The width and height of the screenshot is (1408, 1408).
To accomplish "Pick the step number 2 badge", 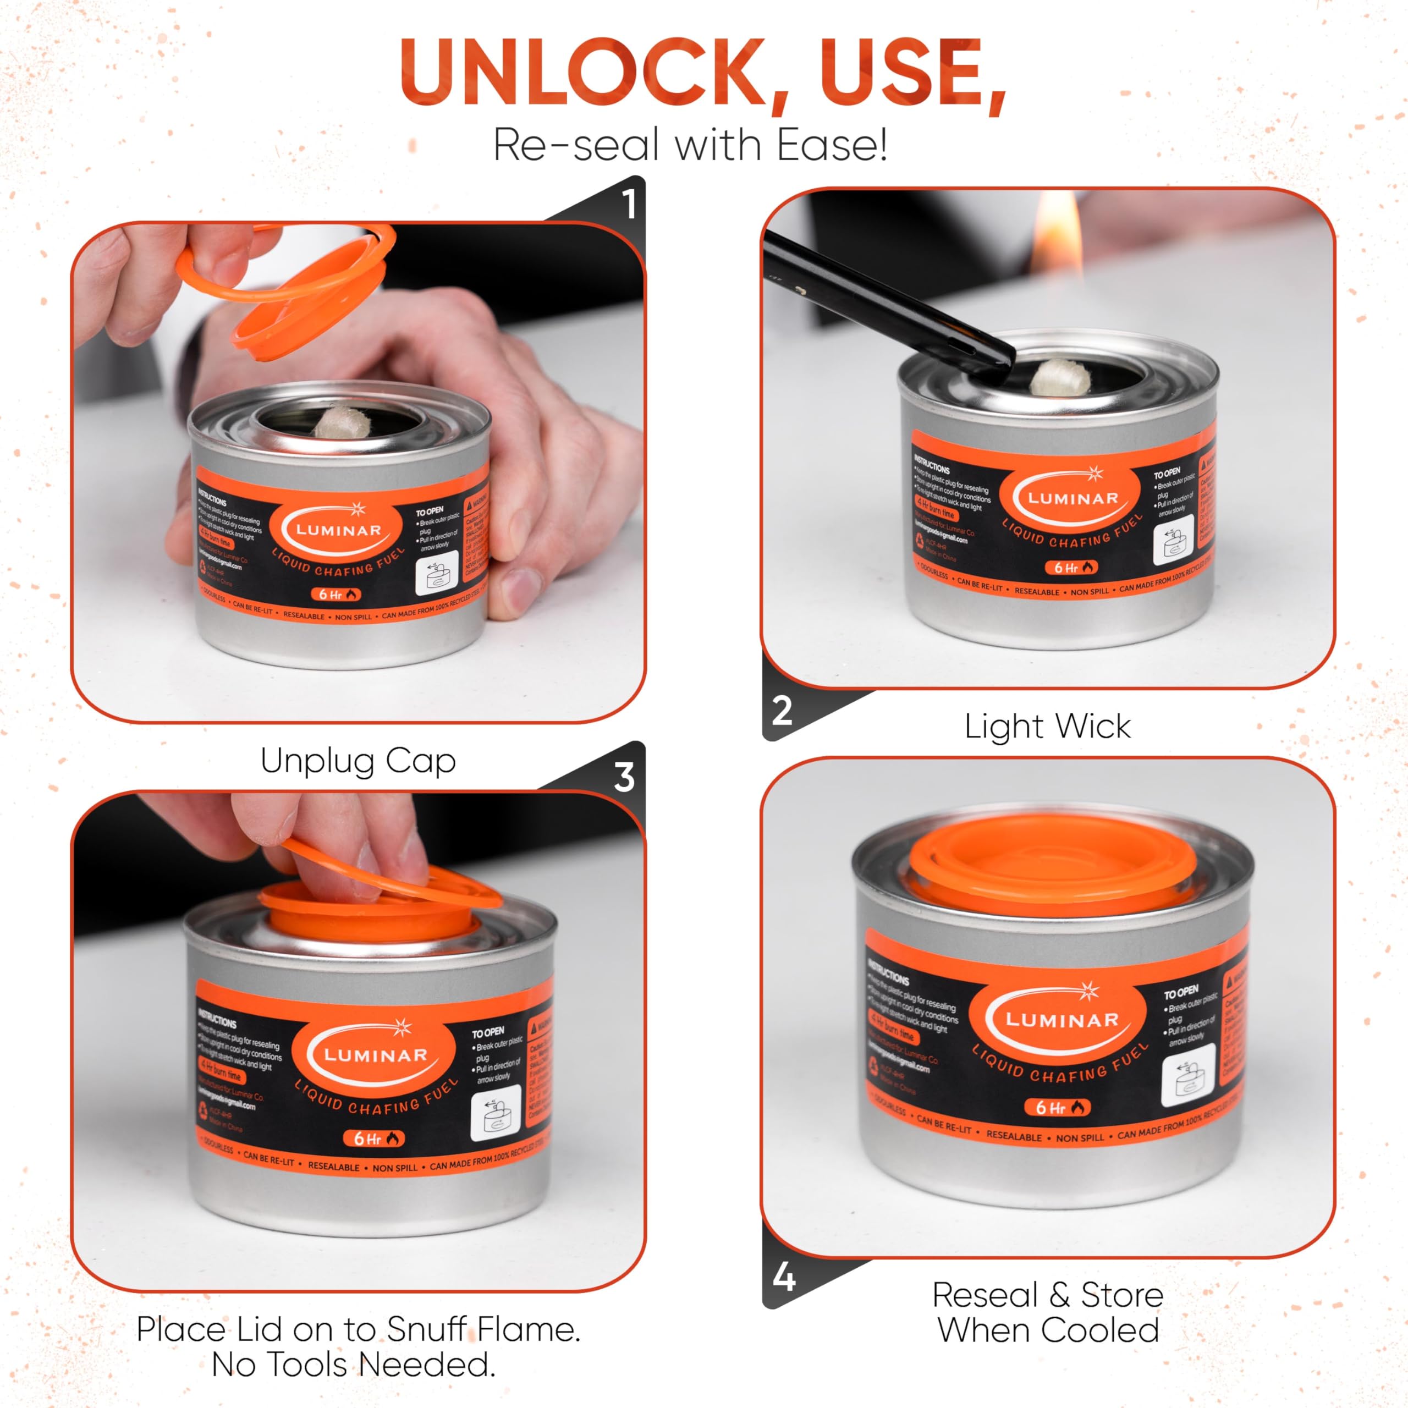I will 781,711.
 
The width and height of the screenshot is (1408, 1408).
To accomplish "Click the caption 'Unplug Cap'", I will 358,761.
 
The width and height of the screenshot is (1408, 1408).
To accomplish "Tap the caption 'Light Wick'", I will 1047,727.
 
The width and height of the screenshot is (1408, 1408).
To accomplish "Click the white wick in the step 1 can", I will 337,422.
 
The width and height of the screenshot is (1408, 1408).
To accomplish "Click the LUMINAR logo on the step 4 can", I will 1062,1020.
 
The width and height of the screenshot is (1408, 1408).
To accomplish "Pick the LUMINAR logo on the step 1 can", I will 338,531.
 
